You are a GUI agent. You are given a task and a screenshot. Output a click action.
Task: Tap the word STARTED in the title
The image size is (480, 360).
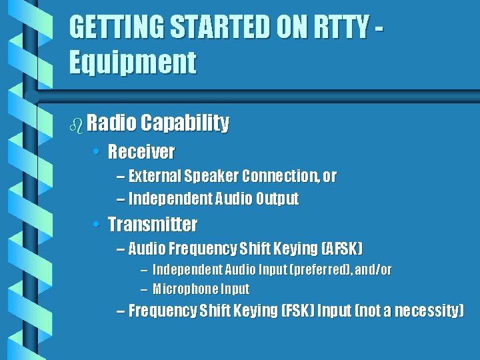click(x=203, y=28)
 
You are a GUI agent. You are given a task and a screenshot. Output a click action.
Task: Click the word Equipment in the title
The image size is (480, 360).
click(x=133, y=63)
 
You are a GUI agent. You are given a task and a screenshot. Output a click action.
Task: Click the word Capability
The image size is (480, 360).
click(x=185, y=123)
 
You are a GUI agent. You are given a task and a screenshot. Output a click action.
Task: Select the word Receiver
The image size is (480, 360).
click(x=141, y=152)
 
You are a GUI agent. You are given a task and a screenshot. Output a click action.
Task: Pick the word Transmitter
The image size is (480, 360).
click(x=153, y=224)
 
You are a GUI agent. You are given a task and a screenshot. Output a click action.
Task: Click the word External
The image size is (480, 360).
click(x=155, y=176)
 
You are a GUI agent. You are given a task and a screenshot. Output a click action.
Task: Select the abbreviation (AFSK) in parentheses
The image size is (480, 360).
click(x=342, y=249)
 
